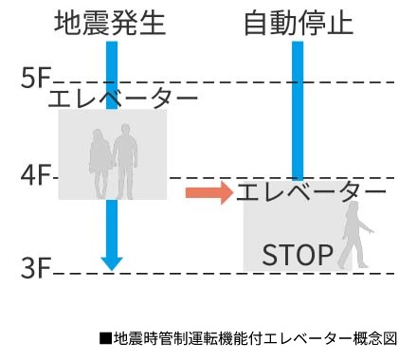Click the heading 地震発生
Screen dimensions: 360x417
pyautogui.click(x=112, y=21)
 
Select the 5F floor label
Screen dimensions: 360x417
pyautogui.click(x=35, y=80)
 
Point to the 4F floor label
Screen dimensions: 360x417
pyautogui.click(x=35, y=174)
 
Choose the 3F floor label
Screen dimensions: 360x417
pyautogui.click(x=35, y=268)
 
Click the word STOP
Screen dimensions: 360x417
pyautogui.click(x=297, y=255)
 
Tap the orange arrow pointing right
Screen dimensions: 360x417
pyautogui.click(x=208, y=192)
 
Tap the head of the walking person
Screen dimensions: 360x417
pyautogui.click(x=354, y=207)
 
